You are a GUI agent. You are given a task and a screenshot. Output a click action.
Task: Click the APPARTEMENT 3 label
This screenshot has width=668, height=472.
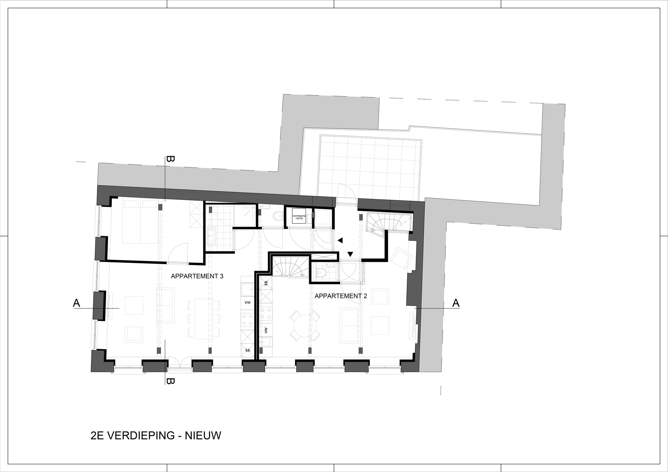(x=197, y=276)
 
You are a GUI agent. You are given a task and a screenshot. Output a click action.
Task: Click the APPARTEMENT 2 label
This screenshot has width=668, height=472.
(x=341, y=296)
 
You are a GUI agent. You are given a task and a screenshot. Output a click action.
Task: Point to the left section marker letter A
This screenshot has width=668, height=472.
(x=76, y=303)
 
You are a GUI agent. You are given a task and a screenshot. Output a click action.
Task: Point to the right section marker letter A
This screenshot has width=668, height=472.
(x=456, y=303)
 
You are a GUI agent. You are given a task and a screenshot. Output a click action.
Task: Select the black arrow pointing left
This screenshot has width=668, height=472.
(x=340, y=240)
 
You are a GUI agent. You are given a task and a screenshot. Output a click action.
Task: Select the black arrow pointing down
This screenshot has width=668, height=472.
(x=350, y=254)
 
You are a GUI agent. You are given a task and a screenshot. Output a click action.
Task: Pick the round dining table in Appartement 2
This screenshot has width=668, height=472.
(x=305, y=326)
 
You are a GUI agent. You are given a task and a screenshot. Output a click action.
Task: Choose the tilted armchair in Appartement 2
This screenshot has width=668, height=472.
(x=402, y=258)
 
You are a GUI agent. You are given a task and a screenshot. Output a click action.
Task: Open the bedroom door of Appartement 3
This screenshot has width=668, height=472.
(x=178, y=253)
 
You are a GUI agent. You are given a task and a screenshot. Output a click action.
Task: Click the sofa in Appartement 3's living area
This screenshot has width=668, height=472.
(x=165, y=305)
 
